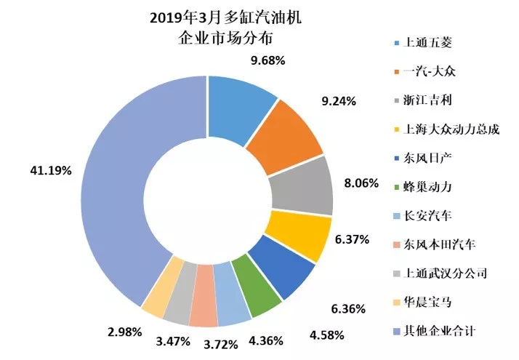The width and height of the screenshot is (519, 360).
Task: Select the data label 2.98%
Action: pos(117,332)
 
